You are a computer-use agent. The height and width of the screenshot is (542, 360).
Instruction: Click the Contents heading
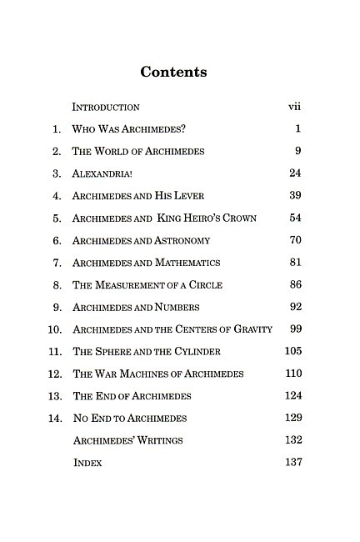point(173,72)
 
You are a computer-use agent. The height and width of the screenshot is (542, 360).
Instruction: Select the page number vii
point(293,107)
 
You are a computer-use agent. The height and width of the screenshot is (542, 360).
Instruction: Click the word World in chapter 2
point(119,152)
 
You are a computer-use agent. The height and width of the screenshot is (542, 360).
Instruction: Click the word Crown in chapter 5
point(236,218)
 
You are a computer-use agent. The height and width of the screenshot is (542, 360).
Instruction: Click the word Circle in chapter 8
point(205,285)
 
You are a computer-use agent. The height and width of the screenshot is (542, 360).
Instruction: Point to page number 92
point(295,307)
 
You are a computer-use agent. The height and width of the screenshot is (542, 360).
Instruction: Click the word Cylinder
point(197,352)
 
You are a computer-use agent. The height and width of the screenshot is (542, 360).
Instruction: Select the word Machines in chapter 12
point(142,374)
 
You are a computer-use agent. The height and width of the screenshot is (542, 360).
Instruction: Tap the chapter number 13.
point(56,396)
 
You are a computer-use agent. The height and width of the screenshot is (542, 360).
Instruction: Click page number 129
point(293,418)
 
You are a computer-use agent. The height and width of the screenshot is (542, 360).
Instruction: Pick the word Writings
point(159,440)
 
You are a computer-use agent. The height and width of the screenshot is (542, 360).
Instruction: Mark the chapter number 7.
point(57,263)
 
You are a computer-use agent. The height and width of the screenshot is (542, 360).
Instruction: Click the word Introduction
point(106,108)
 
